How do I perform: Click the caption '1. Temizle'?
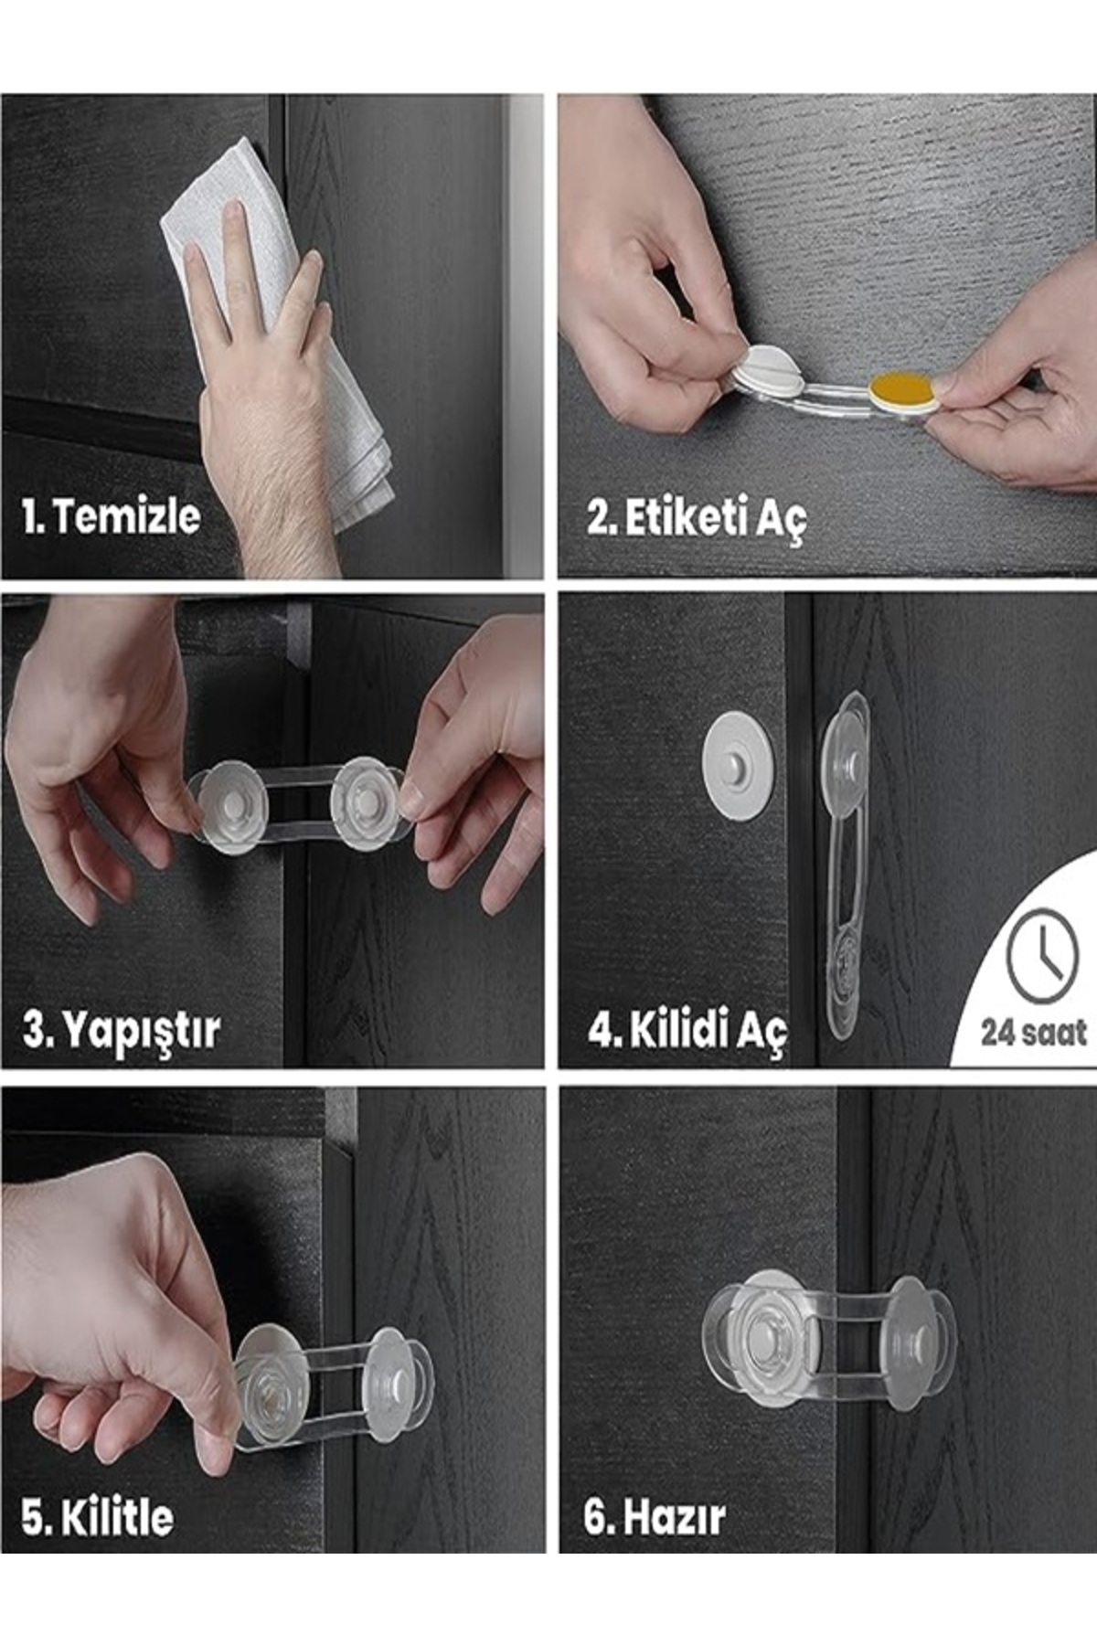coord(111,516)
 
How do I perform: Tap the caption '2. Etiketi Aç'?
coord(696,518)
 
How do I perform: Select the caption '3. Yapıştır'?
coord(121,1031)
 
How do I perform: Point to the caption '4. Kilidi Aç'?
coord(687,1032)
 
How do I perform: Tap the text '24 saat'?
coord(1034,1033)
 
